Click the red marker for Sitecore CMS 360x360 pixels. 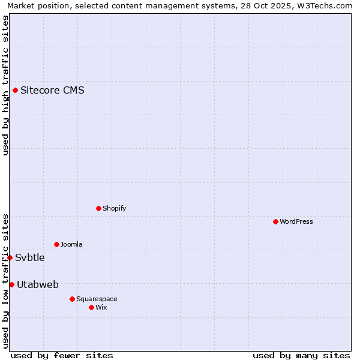15,91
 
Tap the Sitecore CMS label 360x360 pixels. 52,91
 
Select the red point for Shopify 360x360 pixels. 98,208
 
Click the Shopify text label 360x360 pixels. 114,208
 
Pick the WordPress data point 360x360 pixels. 275,221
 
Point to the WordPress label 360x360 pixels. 296,221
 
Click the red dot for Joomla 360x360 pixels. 56,244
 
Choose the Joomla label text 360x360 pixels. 71,244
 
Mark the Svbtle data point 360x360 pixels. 10,257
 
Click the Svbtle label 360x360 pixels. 30,258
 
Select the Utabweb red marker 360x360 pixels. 11,284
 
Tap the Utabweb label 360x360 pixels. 38,284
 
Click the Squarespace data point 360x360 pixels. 72,299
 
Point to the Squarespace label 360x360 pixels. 97,299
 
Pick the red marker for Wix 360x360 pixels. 91,307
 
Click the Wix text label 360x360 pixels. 101,307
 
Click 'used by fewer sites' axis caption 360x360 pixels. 62,355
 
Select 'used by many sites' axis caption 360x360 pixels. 301,355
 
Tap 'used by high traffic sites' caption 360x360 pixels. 5,85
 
